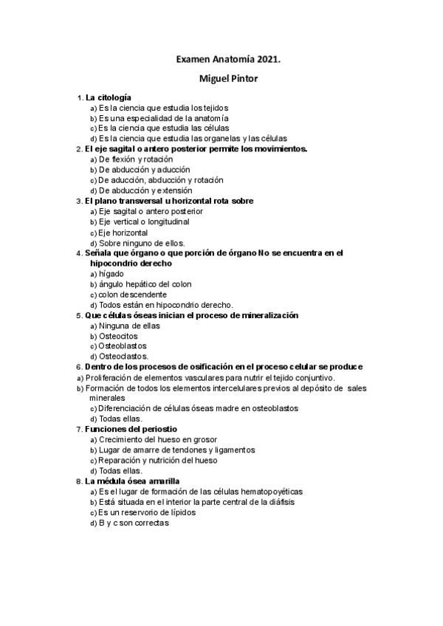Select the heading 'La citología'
coord(109,97)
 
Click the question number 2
coord(78,149)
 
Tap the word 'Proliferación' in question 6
coord(110,377)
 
